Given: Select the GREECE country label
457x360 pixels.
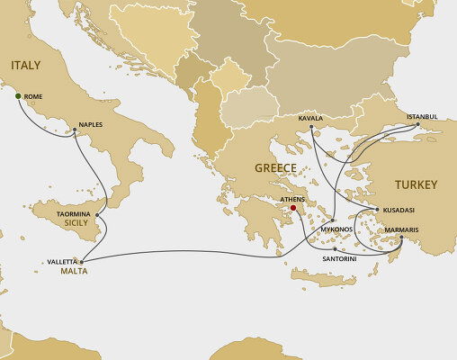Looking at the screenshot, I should [x=275, y=168].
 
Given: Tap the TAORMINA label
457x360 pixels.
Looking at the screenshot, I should [x=74, y=214].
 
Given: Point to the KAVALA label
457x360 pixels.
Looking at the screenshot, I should [x=311, y=118].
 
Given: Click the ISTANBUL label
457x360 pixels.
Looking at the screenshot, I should [x=420, y=116].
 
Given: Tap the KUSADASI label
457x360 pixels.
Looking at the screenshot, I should [x=398, y=209].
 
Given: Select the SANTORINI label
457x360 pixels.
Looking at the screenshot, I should [x=340, y=258].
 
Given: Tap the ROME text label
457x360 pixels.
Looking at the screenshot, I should [x=33, y=96].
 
